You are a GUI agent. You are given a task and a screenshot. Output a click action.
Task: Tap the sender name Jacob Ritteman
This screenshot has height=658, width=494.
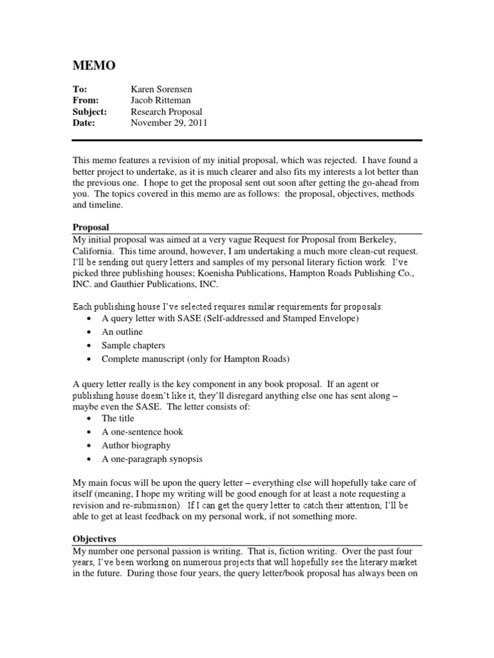[x=161, y=101]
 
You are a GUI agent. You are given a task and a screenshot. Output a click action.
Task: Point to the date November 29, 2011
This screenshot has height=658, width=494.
[x=169, y=123]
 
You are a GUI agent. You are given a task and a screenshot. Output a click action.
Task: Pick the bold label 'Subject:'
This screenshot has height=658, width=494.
[x=89, y=112]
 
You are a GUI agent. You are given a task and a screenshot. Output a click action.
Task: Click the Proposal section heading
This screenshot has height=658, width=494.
[x=91, y=228]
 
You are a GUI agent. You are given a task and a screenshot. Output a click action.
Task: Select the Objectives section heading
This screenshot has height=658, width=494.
[x=95, y=540]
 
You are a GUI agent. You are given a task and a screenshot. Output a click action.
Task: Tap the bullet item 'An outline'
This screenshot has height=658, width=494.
[x=122, y=332]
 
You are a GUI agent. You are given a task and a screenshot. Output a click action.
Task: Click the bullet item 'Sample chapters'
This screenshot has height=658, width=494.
[x=133, y=346]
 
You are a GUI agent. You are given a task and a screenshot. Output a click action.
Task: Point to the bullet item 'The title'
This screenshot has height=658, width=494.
[x=118, y=418]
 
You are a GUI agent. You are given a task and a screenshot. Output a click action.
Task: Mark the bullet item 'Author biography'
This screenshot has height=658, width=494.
[x=136, y=445]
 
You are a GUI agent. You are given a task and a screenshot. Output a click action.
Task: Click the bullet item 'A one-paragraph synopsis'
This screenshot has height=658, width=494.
[x=152, y=459]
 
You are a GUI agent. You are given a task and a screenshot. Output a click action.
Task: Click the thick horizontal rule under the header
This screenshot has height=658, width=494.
[x=247, y=140]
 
